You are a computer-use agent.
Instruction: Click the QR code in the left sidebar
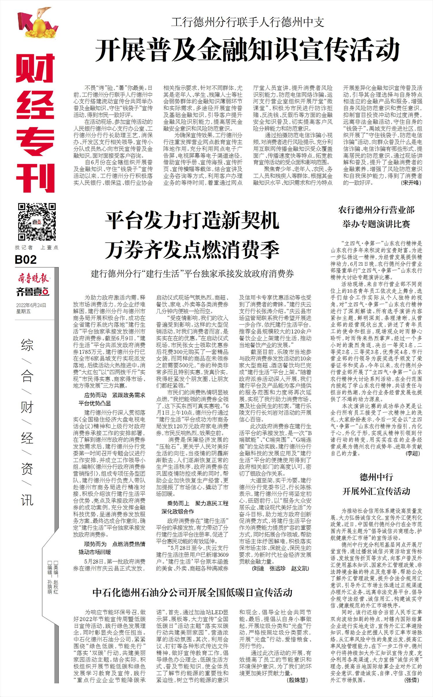click(x=37, y=222)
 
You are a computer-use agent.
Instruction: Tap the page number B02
click(x=26, y=260)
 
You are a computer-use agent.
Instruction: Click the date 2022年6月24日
click(x=31, y=305)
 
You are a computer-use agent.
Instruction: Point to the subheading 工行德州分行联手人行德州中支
click(x=247, y=22)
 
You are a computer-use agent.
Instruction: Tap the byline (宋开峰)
click(x=411, y=183)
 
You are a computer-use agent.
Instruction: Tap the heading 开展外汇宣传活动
click(x=376, y=491)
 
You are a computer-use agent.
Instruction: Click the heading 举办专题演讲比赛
click(x=376, y=224)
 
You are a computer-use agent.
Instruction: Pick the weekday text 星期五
click(x=23, y=311)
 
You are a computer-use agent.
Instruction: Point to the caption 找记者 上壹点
click(x=37, y=247)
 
